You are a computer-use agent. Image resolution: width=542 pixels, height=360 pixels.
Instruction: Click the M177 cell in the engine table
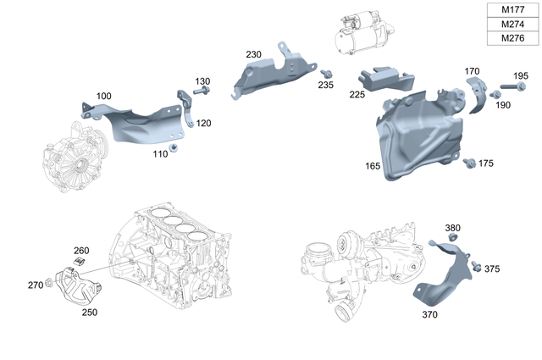pyautogui.click(x=512, y=9)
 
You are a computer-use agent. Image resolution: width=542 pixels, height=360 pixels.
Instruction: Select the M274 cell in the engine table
pyautogui.click(x=512, y=24)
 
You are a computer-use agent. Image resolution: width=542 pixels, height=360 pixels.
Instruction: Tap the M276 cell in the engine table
pyautogui.click(x=512, y=38)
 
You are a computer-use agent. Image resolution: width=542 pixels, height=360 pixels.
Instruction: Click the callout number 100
pyautogui.click(x=103, y=97)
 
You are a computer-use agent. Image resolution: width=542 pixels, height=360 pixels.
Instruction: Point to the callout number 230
pyautogui.click(x=254, y=54)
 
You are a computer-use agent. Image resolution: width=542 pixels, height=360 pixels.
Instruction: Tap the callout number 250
pyautogui.click(x=89, y=312)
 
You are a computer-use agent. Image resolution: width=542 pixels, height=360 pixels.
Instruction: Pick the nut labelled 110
pyautogui.click(x=174, y=150)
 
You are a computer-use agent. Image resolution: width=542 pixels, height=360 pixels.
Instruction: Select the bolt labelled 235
pyautogui.click(x=327, y=73)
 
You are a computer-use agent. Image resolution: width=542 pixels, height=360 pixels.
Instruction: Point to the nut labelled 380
pyautogui.click(x=452, y=238)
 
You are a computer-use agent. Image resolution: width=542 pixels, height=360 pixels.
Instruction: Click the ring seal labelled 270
pyautogui.click(x=50, y=283)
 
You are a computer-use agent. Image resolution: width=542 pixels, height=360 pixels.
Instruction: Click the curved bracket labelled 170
pyautogui.click(x=477, y=93)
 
